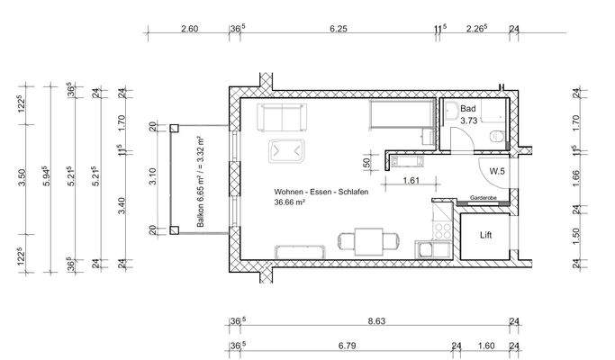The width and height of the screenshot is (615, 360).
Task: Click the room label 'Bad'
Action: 467,108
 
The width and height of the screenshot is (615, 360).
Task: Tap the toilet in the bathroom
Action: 495,135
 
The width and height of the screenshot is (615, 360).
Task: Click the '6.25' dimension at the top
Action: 339,29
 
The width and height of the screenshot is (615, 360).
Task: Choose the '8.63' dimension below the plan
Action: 376,320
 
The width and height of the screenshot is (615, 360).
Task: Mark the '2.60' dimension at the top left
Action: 189,29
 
